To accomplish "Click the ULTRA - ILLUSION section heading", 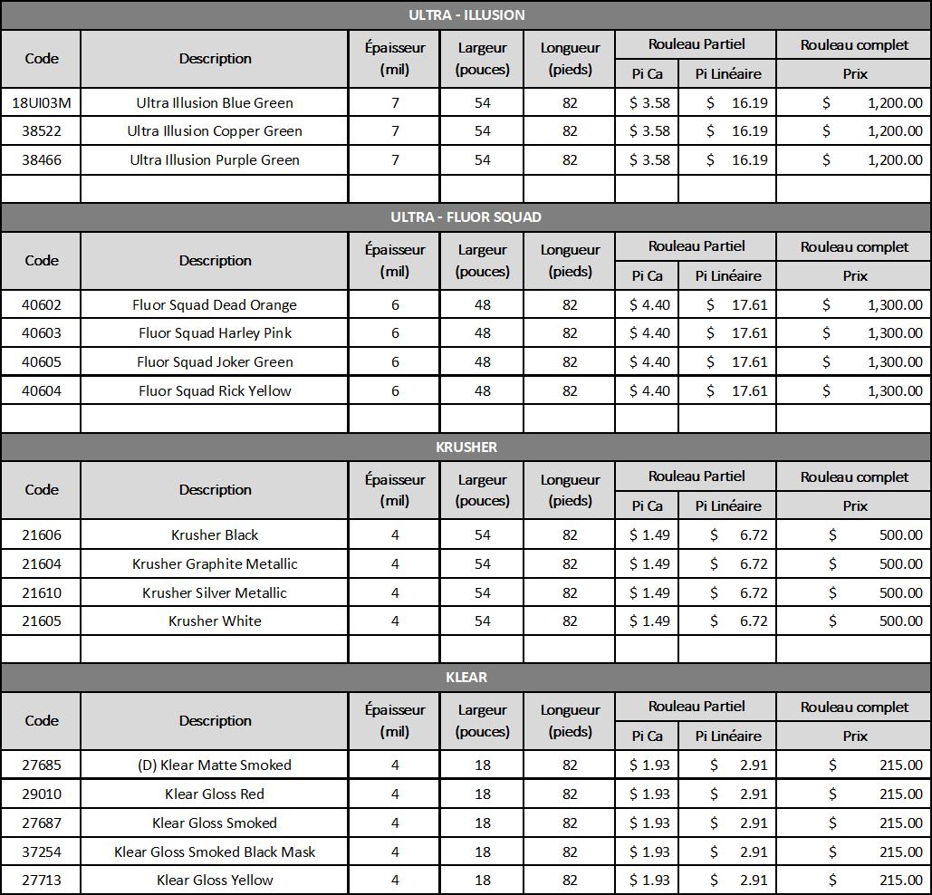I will pyautogui.click(x=466, y=14).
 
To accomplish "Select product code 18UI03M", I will pyautogui.click(x=42, y=102).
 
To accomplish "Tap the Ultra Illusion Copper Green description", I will pyautogui.click(x=215, y=131).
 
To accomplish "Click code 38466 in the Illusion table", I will pyautogui.click(x=42, y=160).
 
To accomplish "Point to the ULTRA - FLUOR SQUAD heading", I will pyautogui.click(x=466, y=217).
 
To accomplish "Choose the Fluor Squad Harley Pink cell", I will pyautogui.click(x=215, y=333).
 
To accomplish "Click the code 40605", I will pyautogui.click(x=42, y=362).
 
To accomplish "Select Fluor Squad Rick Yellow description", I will pyautogui.click(x=215, y=391).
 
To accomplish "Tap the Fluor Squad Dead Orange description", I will pyautogui.click(x=215, y=304).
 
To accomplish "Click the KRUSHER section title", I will pyautogui.click(x=466, y=447).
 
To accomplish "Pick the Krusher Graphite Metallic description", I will pyautogui.click(x=215, y=563).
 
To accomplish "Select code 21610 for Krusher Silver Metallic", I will pyautogui.click(x=42, y=592).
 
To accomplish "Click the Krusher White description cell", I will pyautogui.click(x=215, y=621).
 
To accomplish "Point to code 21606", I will pyautogui.click(x=42, y=534).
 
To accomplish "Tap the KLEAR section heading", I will pyautogui.click(x=466, y=677).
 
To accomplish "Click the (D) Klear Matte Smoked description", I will pyautogui.click(x=215, y=765).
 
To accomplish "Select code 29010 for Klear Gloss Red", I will pyautogui.click(x=42, y=794).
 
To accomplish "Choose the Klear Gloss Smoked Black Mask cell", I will pyautogui.click(x=215, y=852).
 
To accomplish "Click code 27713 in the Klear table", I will pyautogui.click(x=42, y=880).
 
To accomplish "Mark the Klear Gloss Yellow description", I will pyautogui.click(x=215, y=880).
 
